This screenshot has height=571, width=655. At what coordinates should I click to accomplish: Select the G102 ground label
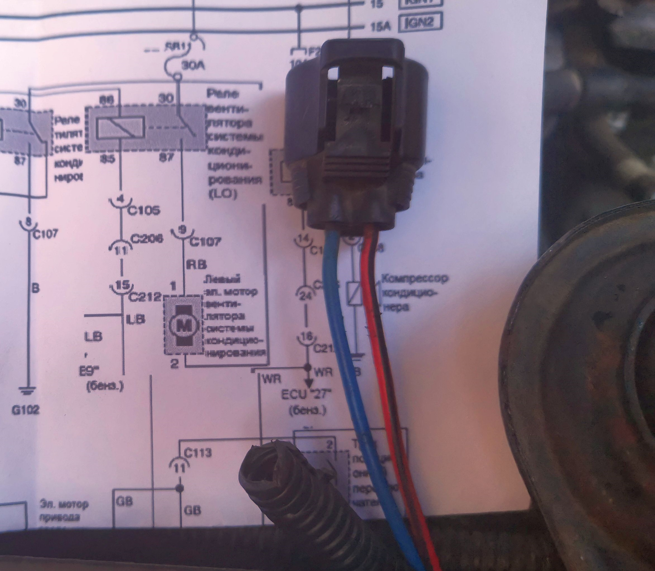(x=26, y=409)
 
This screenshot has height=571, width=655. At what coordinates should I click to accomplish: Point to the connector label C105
(x=143, y=210)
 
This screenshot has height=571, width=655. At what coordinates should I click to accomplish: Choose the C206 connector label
(x=147, y=239)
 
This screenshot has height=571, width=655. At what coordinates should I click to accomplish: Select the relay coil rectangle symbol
(x=120, y=129)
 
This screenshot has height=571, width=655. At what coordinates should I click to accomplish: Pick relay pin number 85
(x=108, y=159)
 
